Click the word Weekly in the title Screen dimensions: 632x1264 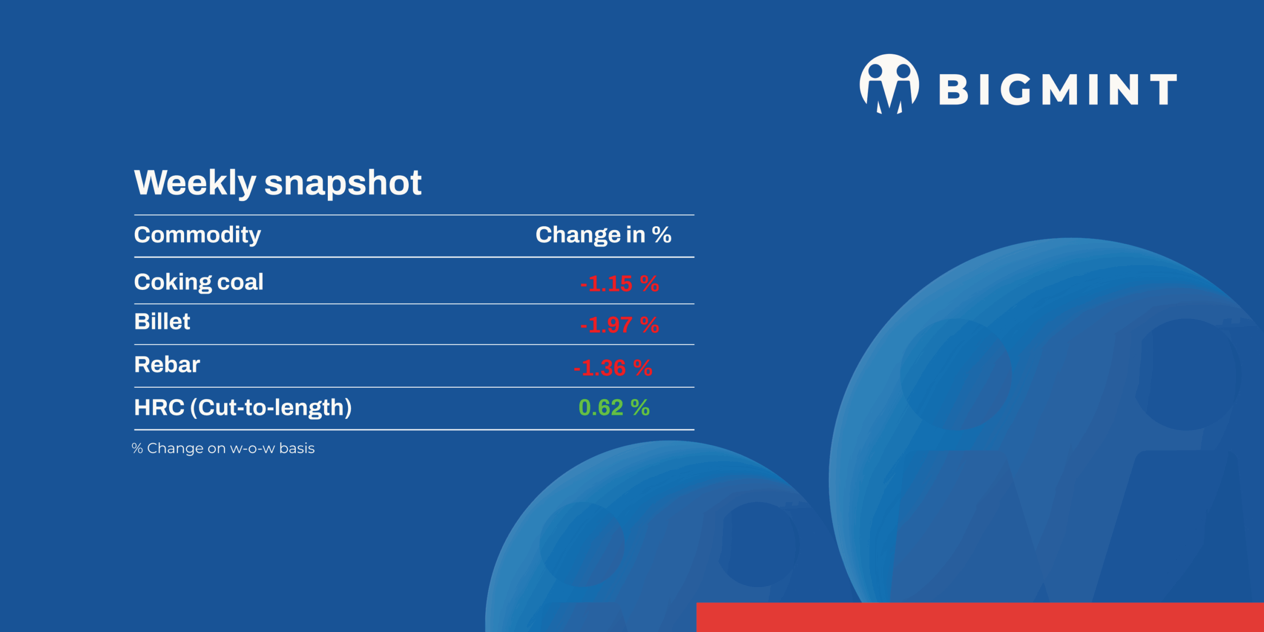pos(195,183)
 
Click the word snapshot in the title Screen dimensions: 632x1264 pos(343,183)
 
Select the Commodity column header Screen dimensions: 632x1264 pos(197,235)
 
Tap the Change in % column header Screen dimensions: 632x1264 pos(603,235)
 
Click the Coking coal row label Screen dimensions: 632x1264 pos(198,282)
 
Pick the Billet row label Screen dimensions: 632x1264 pos(162,322)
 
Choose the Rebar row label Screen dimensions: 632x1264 pos(167,365)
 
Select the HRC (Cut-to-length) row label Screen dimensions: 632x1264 pos(243,408)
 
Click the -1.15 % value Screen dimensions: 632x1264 pos(619,284)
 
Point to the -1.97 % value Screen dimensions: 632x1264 pos(619,325)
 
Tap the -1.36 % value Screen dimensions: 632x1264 pos(613,368)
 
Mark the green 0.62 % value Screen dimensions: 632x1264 pos(614,408)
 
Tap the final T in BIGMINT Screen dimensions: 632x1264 pos(1163,89)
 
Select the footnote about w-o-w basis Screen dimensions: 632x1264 pos(223,448)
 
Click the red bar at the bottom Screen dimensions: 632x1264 pos(980,617)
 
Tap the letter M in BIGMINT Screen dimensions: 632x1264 pos(1060,89)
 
